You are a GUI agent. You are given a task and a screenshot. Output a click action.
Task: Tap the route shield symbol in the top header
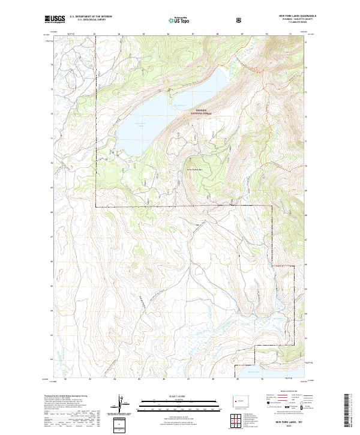[x=241, y=20]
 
